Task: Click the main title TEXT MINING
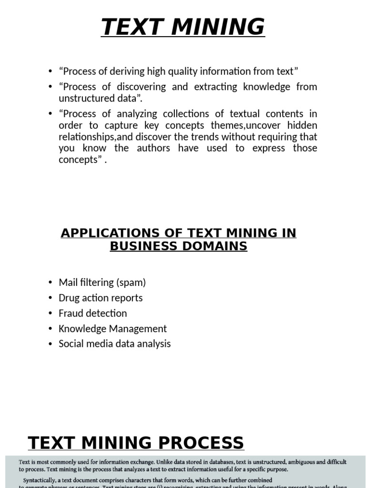(183, 27)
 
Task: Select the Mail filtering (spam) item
(102, 283)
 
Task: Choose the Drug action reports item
(101, 298)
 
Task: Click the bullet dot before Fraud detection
(51, 314)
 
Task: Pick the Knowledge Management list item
(112, 329)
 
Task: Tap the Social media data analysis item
(114, 344)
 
